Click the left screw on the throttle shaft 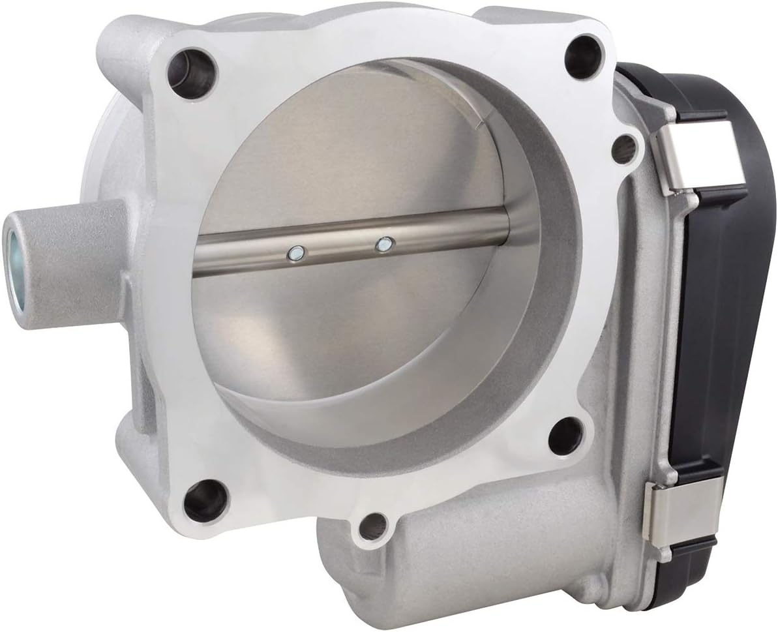[x=295, y=253]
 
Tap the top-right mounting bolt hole [x=582, y=57]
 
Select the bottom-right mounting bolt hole [x=565, y=435]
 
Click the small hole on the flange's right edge [x=624, y=149]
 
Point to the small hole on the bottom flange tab [x=373, y=526]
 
